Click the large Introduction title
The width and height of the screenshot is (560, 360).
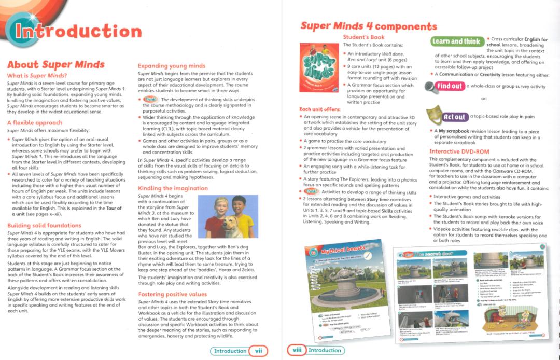(x=78, y=31)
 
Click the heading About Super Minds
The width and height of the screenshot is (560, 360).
(x=55, y=65)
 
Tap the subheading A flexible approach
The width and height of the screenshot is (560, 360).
(x=35, y=123)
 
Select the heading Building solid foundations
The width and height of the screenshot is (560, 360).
(x=44, y=226)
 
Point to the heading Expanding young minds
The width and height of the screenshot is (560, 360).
(x=171, y=66)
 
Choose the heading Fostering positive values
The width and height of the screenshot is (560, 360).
(x=172, y=294)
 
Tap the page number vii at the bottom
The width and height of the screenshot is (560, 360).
(x=257, y=351)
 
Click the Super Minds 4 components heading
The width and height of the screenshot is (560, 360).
(x=368, y=26)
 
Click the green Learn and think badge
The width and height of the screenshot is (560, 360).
(x=456, y=41)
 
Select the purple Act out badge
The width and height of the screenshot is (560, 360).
(x=454, y=117)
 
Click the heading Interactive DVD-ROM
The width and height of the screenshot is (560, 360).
(x=459, y=151)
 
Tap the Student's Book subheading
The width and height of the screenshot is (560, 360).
(x=363, y=37)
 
